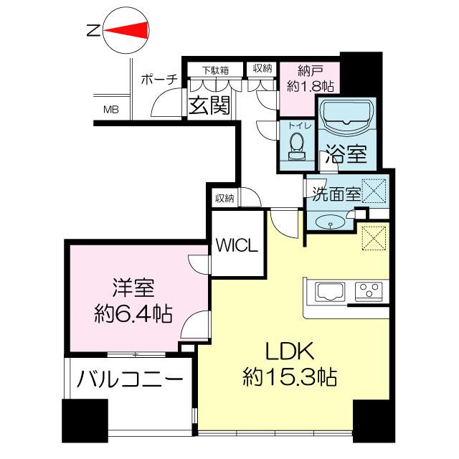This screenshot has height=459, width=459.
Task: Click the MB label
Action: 111,110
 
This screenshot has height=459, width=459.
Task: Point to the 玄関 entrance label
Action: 209,106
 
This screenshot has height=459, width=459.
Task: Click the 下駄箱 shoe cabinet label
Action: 214,70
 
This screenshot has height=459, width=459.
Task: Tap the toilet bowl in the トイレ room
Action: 295,148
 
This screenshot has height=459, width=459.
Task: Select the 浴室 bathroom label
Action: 346,153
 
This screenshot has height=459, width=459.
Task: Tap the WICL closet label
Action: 237,246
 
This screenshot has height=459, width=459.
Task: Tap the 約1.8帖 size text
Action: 308,85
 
